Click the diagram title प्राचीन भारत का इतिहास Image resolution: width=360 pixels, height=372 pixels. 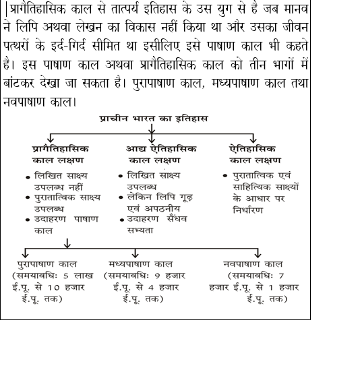click(154, 118)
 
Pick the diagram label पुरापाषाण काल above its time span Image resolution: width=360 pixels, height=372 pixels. click(47, 264)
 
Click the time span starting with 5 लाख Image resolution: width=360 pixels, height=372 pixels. click(49, 287)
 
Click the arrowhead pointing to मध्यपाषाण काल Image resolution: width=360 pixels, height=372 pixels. click(136, 254)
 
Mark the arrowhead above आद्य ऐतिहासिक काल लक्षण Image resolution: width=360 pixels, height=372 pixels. click(153, 137)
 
